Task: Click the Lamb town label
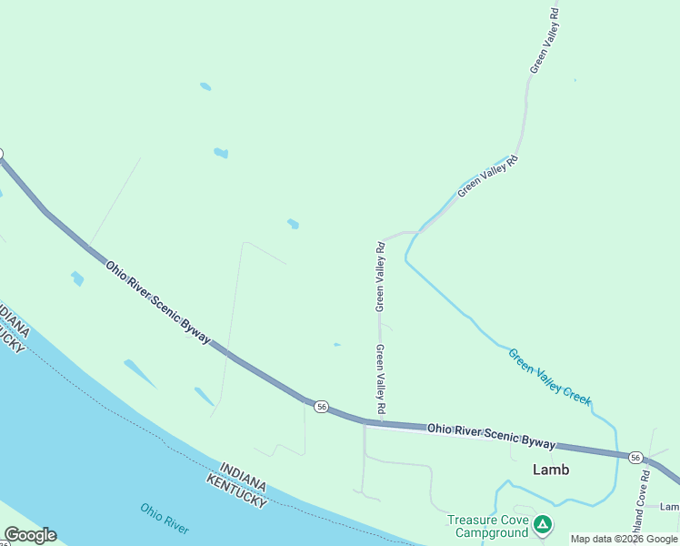[551, 470]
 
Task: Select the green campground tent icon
[543, 524]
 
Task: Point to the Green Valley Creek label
[549, 377]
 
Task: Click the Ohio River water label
[165, 518]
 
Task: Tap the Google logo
[30, 535]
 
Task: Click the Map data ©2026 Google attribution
[624, 539]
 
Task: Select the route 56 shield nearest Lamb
[635, 457]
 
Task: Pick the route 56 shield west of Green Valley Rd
[321, 407]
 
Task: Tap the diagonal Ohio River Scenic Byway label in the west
[158, 304]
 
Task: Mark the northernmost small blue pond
[205, 86]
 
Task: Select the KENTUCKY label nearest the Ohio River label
[236, 490]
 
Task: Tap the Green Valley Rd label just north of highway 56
[382, 378]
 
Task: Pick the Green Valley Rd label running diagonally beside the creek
[487, 177]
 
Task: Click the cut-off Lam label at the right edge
[670, 507]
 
